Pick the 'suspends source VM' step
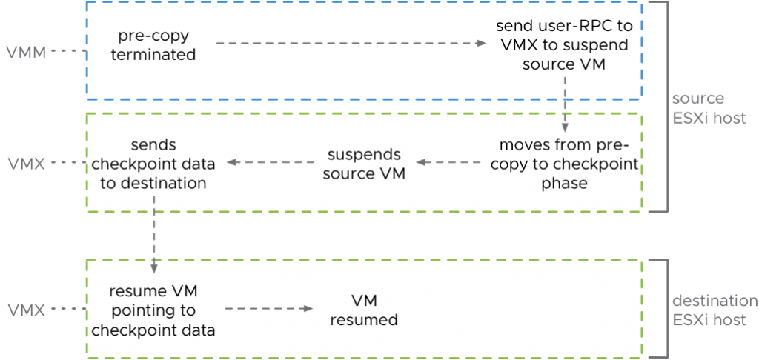(x=364, y=163)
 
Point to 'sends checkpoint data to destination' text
(x=153, y=163)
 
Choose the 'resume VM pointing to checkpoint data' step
(x=153, y=309)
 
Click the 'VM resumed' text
(x=364, y=310)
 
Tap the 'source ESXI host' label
(x=708, y=109)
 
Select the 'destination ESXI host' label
(x=715, y=311)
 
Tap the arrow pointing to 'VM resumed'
(x=267, y=309)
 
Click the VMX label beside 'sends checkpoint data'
(x=25, y=163)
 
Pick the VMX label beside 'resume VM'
(x=25, y=309)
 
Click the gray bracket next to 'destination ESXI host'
(x=666, y=309)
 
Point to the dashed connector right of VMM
(x=67, y=52)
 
